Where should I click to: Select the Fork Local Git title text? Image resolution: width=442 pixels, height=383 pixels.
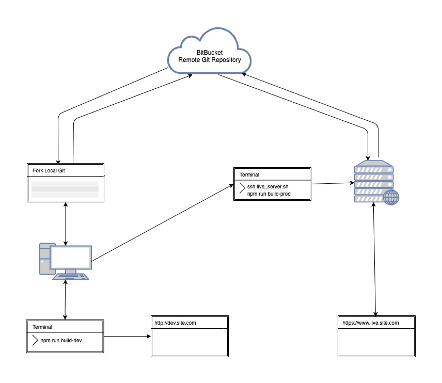pos(49,170)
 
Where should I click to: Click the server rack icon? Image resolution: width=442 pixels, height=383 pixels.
pos(373,181)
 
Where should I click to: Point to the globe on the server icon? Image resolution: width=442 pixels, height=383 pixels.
pos(391,198)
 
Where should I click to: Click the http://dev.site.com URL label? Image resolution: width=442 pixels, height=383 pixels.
pos(175,323)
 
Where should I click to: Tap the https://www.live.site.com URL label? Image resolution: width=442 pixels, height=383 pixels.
pos(370,323)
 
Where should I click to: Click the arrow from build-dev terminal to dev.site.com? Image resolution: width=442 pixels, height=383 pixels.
pos(127,336)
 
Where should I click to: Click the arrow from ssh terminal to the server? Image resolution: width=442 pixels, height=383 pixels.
pos(331,183)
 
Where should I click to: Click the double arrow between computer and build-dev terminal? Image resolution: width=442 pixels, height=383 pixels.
pos(65,299)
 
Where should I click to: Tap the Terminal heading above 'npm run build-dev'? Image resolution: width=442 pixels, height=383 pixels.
pos(42,327)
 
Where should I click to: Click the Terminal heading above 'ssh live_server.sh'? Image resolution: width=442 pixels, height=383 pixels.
pos(249,175)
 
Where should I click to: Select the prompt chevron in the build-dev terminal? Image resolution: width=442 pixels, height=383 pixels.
pos(35,340)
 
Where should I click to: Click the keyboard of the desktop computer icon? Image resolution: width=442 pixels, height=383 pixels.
pos(71,276)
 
